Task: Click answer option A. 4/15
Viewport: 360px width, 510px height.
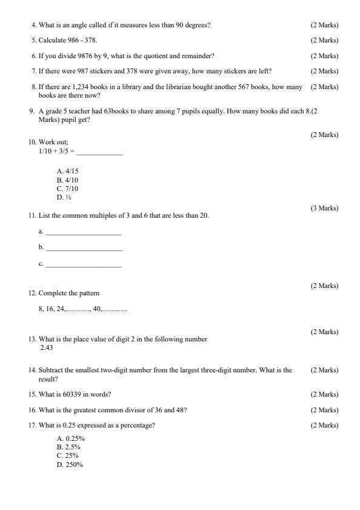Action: (x=68, y=171)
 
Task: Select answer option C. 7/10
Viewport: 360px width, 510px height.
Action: (x=68, y=189)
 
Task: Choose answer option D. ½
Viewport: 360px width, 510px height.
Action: (x=64, y=197)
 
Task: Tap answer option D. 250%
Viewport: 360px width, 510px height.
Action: (x=70, y=465)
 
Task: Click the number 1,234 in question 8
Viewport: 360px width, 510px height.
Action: (x=99, y=87)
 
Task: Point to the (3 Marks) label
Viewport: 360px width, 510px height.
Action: (x=324, y=208)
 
